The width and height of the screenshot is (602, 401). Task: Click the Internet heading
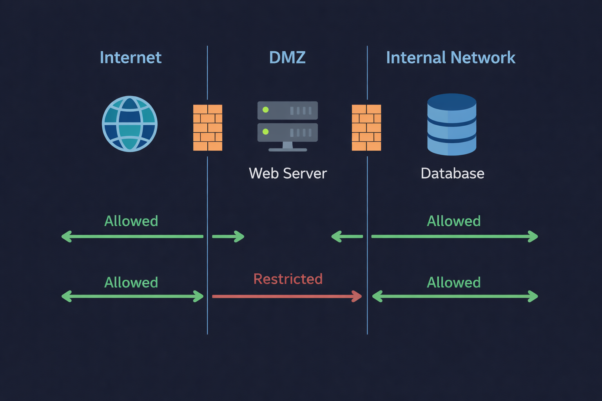tap(131, 58)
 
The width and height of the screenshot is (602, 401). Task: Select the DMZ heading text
tap(287, 58)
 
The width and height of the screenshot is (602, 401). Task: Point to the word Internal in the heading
tap(416, 58)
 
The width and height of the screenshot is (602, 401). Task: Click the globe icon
tap(130, 124)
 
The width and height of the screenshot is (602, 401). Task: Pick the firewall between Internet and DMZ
tap(208, 128)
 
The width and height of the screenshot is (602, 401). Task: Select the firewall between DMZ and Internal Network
tap(366, 128)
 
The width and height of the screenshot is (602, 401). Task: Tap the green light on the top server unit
tap(266, 110)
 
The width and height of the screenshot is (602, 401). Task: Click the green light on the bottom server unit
tap(266, 132)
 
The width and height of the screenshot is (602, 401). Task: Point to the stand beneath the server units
tap(288, 147)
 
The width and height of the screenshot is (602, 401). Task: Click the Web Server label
tap(288, 173)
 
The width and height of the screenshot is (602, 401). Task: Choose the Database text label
tap(452, 173)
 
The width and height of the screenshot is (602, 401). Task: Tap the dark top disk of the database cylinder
tap(452, 101)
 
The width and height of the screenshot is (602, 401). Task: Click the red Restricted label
tap(288, 279)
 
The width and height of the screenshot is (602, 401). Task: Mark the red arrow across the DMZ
tap(286, 296)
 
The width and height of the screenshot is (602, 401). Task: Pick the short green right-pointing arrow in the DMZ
tap(228, 237)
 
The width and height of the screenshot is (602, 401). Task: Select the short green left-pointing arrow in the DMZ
tap(347, 237)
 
